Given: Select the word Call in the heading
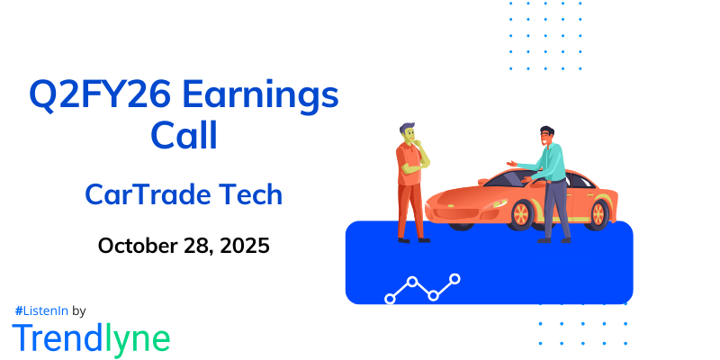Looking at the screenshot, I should pos(184,136).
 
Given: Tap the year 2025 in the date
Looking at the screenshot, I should pos(241,245).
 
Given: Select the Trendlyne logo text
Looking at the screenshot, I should pos(91,337).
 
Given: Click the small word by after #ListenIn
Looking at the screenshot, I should pos(78,310).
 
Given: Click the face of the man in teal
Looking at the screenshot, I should pos(546,137).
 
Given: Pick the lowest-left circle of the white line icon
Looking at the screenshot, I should pos(390,297).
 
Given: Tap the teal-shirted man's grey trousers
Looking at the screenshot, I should pos(554,207).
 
